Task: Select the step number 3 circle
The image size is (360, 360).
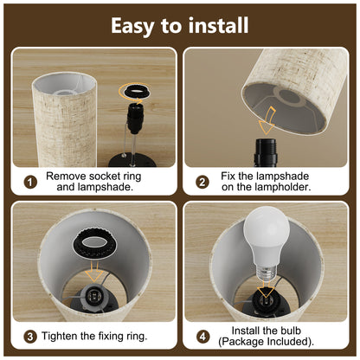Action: tap(30, 336)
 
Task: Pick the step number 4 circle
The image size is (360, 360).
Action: tap(203, 336)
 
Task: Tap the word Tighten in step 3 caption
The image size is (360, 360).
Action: tap(68, 336)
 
